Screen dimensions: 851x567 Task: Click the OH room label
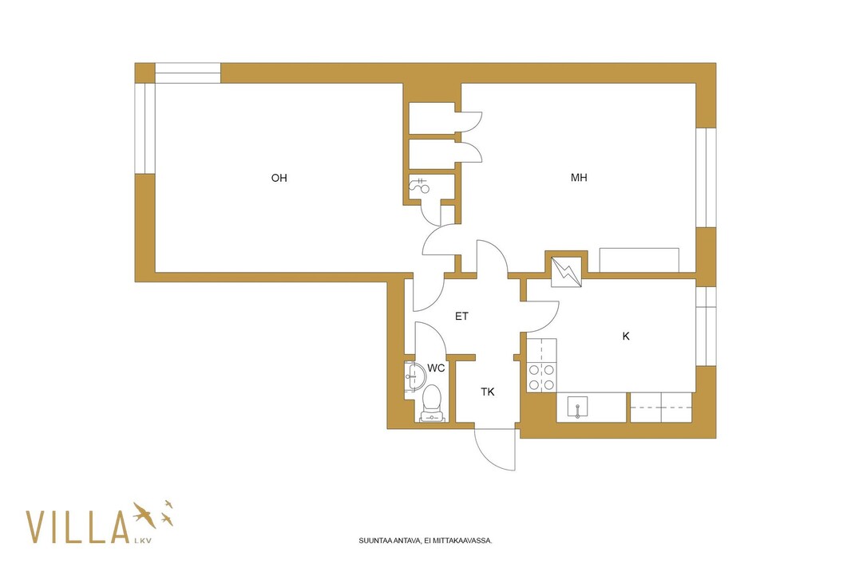point(279,178)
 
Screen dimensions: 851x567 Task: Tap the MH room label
point(579,177)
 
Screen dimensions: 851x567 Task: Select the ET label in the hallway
point(461,316)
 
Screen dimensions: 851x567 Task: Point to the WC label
point(436,368)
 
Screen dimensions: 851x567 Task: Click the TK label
point(488,392)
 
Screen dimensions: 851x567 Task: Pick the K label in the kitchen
point(626,336)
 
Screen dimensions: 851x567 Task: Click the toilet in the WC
point(432,404)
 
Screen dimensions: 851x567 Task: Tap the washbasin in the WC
point(415,376)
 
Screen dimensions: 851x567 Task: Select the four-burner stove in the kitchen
point(541,377)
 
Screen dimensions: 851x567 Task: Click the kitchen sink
point(577,407)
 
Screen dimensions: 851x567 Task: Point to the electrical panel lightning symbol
point(566,272)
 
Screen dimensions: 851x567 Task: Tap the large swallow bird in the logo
point(144,514)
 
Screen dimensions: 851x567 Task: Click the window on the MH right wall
point(706,177)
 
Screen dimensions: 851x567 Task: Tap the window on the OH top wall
point(188,73)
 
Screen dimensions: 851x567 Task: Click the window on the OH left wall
point(145,128)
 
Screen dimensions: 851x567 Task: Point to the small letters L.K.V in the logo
point(142,541)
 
